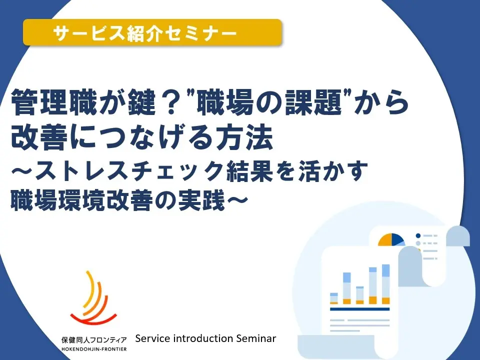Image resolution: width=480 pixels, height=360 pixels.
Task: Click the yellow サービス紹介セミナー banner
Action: coord(152,33)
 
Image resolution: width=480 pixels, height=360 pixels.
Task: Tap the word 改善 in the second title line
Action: coord(35,137)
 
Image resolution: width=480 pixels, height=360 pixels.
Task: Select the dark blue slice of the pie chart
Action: coord(398,238)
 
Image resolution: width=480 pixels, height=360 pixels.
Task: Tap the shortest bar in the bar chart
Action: coord(334,298)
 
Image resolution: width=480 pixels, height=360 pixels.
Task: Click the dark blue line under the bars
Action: coord(359,309)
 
